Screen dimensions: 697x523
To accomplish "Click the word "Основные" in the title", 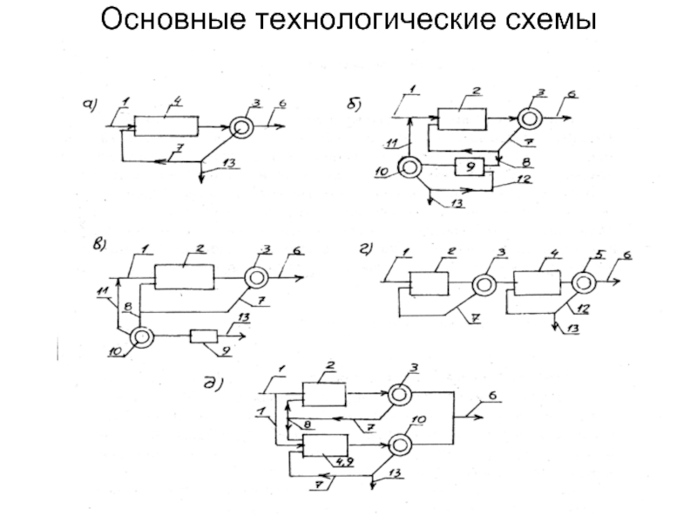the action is pos(173,19).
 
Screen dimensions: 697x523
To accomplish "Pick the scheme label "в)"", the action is pos(98,245).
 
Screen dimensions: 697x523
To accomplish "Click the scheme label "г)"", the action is pos(366,250).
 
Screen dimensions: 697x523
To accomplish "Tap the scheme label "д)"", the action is pos(213,382).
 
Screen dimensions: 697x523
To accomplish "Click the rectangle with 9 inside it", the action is pos(470,166).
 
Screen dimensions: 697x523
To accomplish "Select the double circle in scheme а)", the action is pos(241,127).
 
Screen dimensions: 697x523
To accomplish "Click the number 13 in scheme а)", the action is pos(228,164).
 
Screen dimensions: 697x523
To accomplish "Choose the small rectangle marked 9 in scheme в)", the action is pos(204,336).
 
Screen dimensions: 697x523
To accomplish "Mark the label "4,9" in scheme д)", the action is pos(344,462).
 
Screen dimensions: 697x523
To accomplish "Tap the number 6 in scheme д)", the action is pos(492,396).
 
